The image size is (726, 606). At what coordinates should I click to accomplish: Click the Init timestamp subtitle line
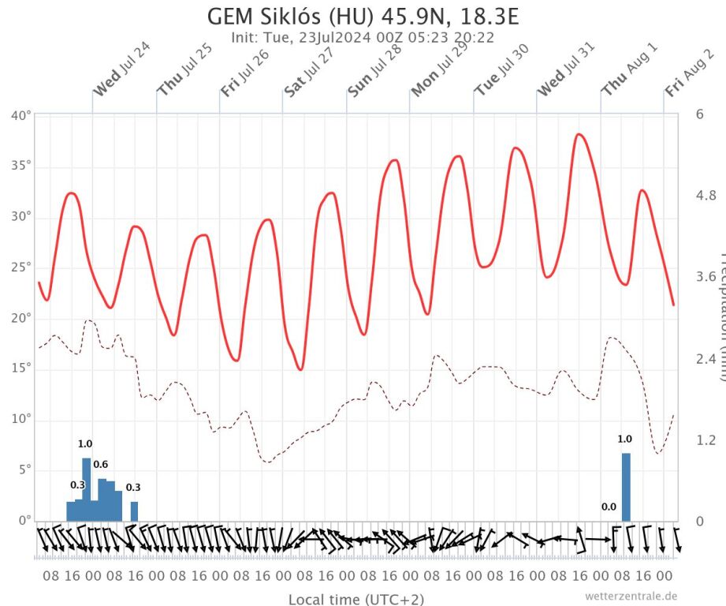363,36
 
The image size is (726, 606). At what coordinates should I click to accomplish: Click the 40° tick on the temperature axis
21,115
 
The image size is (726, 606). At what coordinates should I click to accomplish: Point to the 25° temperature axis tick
21,267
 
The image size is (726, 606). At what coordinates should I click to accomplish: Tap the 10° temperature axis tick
21,420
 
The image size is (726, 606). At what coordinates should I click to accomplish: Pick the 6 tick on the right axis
699,114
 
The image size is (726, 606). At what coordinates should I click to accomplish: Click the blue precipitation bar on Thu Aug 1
626,487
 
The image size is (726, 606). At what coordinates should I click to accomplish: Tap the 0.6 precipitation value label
101,464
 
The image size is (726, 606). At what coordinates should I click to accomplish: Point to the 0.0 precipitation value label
609,507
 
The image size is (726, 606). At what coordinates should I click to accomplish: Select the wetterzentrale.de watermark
631,596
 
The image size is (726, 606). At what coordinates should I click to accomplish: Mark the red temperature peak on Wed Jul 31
580,134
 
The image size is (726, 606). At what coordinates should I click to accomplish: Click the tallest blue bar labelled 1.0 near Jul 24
86,489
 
